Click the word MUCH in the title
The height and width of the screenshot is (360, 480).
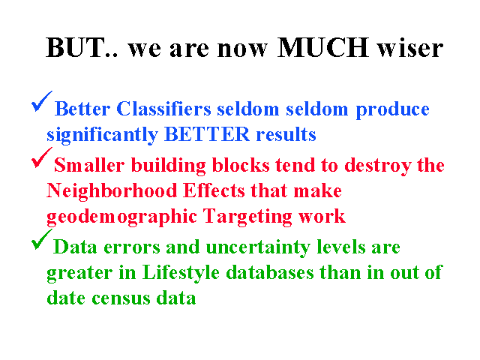322,47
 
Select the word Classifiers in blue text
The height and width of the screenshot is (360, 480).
163,109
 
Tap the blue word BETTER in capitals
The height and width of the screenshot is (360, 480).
207,134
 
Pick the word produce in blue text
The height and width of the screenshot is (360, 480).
392,110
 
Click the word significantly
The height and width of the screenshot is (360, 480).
102,135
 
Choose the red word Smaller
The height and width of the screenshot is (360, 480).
89,165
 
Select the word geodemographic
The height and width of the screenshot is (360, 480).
121,217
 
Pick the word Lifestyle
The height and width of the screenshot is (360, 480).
181,273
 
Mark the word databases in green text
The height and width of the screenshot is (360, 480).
270,272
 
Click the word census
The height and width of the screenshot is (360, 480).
121,298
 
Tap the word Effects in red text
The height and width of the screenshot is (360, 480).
214,190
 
